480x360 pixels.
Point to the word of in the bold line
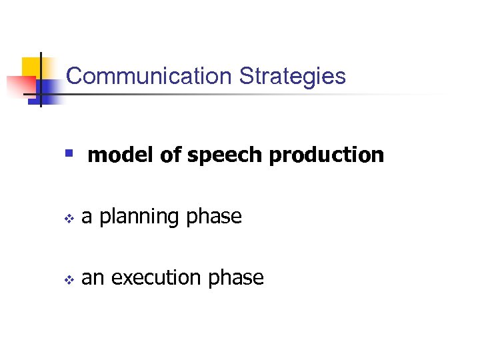coord(172,155)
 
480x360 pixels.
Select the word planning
coord(139,217)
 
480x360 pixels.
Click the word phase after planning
coord(214,217)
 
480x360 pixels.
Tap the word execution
coord(157,277)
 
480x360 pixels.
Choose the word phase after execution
coord(236,278)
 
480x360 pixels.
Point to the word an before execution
coord(92,278)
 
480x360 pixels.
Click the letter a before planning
coord(86,217)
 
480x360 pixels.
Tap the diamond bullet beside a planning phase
coord(67,217)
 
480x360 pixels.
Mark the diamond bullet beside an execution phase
coord(67,278)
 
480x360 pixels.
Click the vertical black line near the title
coord(41,80)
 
